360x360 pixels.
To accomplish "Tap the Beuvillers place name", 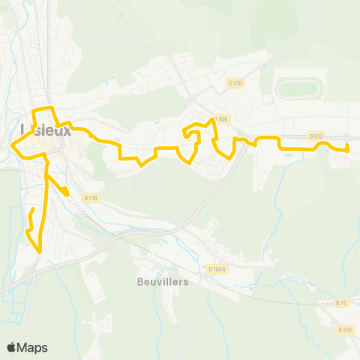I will pos(163,283).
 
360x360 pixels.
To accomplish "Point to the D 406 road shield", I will pos(220,119).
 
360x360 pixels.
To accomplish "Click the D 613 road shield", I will pos(316,136).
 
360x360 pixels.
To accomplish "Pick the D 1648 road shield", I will pos(217,268).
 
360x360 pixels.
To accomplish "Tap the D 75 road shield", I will pos(341,303).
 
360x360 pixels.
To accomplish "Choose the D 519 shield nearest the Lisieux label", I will pos(91,198).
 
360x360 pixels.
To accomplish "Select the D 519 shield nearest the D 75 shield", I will pos(345,329).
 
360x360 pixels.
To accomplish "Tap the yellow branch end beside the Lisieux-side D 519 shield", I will pos(67,194).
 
